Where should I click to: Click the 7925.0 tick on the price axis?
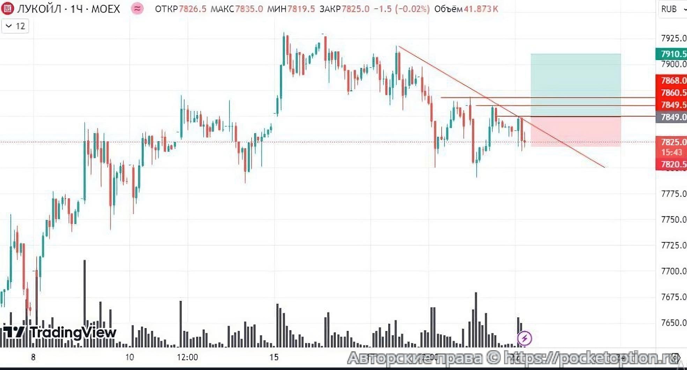click(673, 38)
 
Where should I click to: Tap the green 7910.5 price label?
click(673, 54)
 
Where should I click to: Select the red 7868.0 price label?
click(673, 80)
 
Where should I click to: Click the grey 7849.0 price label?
click(673, 117)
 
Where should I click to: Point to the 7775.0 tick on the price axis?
click(673, 194)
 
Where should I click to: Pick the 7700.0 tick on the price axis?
click(673, 271)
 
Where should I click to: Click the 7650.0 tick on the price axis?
click(673, 323)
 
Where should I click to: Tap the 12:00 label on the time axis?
click(187, 357)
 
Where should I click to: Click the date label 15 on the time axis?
click(274, 357)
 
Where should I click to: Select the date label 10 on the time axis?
click(130, 357)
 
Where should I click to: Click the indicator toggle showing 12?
click(15, 26)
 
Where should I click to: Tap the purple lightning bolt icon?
click(524, 338)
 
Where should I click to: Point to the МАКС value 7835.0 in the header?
click(249, 9)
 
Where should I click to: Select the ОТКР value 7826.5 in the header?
click(192, 9)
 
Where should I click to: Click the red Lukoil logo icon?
click(7, 9)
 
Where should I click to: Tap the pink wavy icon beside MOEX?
click(137, 9)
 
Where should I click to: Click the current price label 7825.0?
click(673, 142)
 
